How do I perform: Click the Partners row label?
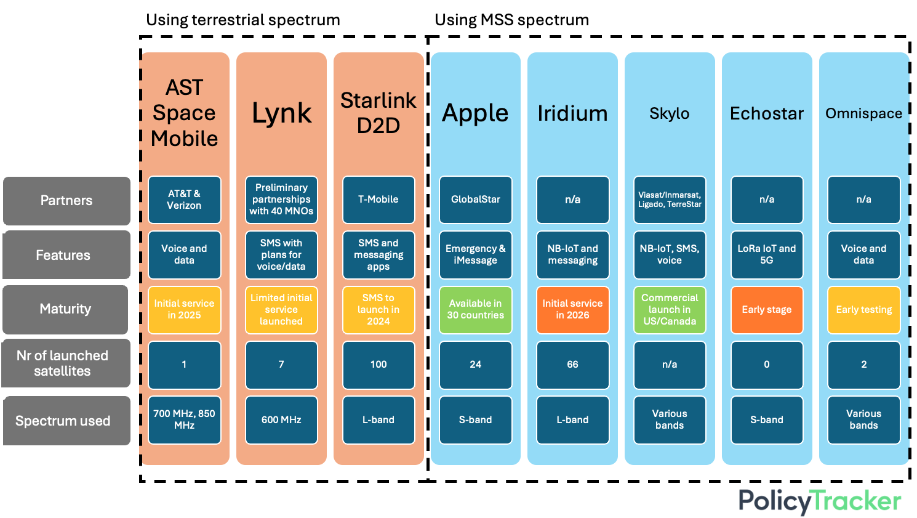pos(66,201)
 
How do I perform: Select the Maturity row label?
pos(65,309)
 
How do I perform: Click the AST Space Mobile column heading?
pos(184,113)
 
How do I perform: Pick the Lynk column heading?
pos(282,113)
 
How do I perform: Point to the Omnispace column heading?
pos(864,113)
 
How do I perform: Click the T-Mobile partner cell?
pos(378,200)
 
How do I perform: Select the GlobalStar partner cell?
pos(476,200)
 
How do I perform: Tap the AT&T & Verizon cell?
pos(184,200)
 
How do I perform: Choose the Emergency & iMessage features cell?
pos(476,254)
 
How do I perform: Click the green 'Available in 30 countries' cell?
pos(476,309)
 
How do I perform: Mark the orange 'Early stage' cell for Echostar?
pos(767,309)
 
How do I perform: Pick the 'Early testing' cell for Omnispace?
pos(864,309)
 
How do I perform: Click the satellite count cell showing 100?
pos(378,365)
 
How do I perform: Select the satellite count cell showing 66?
pos(573,365)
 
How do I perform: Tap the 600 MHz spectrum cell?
pos(282,419)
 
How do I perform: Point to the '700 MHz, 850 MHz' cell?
pos(184,419)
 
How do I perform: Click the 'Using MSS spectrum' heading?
pos(511,20)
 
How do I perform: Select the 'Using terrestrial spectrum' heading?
pos(243,20)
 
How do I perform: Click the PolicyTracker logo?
pos(820,501)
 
